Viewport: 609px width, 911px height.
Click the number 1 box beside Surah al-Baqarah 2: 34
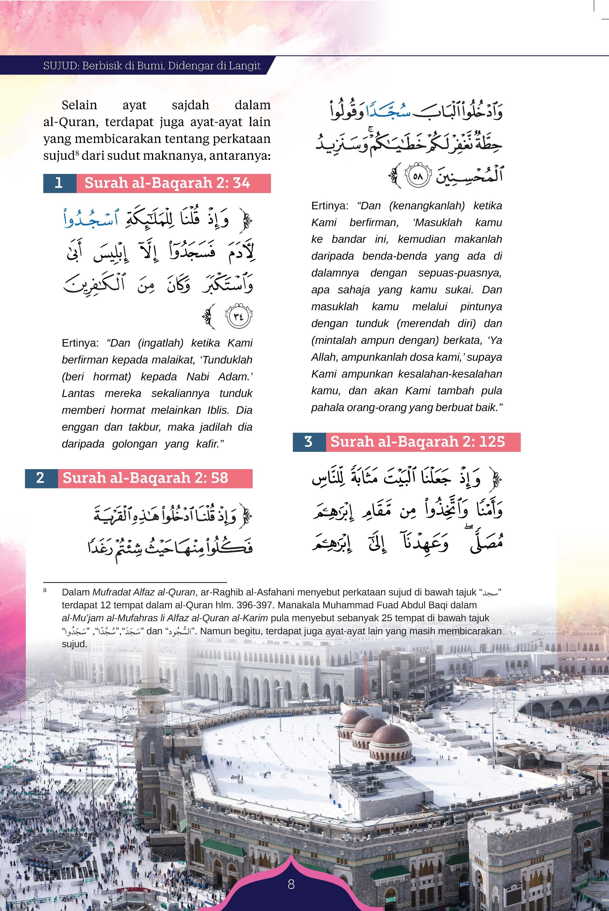coord(59,183)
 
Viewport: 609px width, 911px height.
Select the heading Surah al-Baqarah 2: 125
coord(418,442)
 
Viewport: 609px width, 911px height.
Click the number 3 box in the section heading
coord(309,442)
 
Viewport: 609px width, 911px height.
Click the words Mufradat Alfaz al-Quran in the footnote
coord(143,592)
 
